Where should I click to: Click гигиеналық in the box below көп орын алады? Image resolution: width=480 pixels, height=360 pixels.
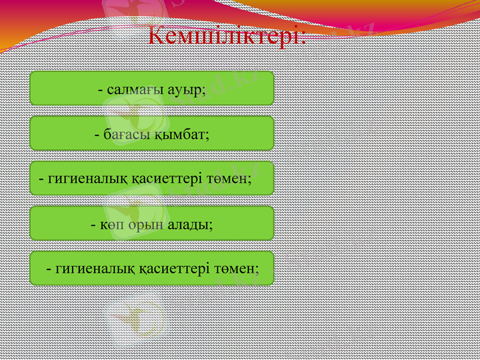point(91,269)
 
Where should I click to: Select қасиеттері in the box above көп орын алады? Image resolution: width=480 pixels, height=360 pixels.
point(163,179)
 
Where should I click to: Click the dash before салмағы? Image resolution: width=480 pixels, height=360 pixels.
point(101,90)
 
